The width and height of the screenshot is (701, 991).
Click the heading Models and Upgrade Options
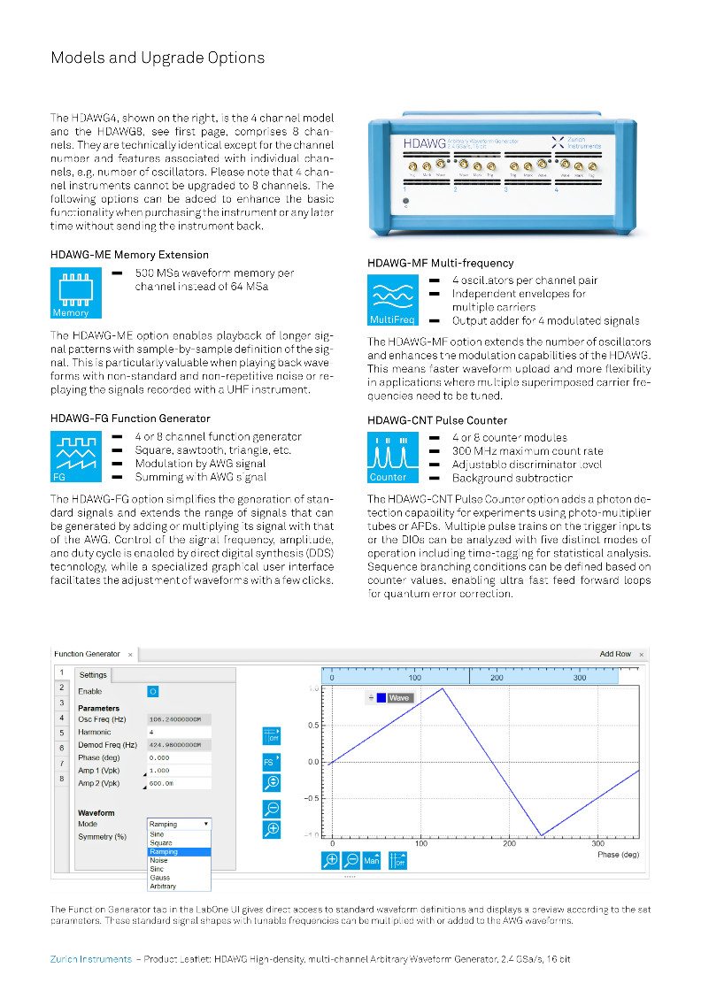point(158,58)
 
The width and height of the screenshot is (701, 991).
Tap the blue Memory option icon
point(76,294)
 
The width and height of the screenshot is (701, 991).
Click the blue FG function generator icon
point(76,457)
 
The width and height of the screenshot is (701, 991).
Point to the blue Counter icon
point(393,457)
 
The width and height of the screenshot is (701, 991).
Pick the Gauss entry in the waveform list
point(160,878)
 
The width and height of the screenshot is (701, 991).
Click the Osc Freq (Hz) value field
point(179,719)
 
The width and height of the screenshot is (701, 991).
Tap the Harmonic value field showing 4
point(179,733)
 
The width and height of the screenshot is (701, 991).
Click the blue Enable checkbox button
point(152,690)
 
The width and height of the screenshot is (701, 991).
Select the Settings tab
point(94,675)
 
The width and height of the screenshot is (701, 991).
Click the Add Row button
point(615,654)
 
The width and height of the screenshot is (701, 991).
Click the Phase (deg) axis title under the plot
point(620,855)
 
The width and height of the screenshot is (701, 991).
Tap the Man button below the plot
point(372,859)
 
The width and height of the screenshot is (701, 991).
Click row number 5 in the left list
point(62,733)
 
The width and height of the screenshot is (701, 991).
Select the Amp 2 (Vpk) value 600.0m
point(179,783)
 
